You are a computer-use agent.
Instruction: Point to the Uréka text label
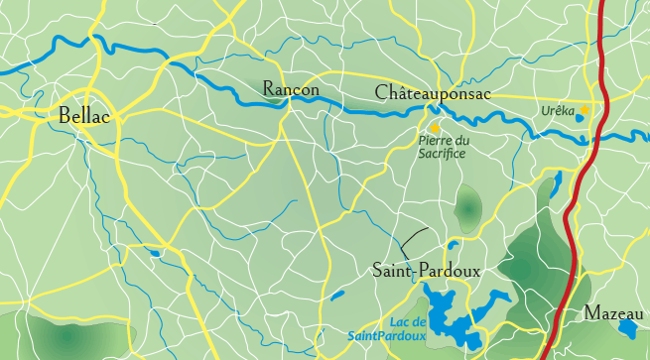(x=558, y=111)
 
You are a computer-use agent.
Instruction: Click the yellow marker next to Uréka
(x=585, y=110)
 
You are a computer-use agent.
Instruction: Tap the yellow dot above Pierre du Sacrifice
(x=434, y=127)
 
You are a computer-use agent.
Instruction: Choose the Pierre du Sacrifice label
(x=443, y=148)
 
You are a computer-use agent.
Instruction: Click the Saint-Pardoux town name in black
(x=426, y=269)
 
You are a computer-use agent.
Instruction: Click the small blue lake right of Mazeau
(x=628, y=326)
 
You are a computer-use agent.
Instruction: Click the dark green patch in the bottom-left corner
(x=60, y=336)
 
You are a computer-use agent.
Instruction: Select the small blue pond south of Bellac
(x=155, y=253)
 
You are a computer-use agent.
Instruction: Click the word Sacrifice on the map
(x=443, y=154)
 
